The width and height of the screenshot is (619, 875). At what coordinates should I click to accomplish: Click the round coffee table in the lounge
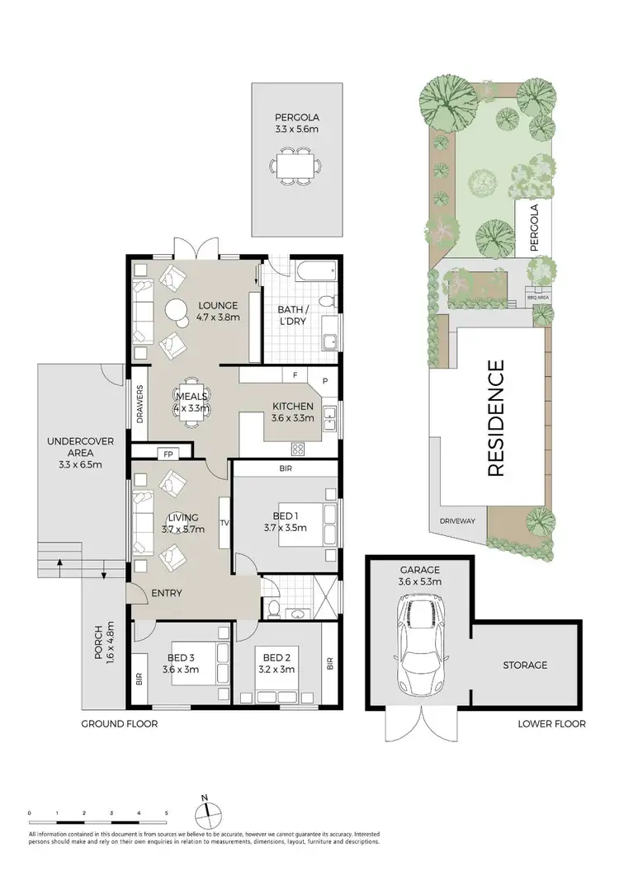click(177, 312)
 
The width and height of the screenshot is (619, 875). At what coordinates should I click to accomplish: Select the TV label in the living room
click(223, 523)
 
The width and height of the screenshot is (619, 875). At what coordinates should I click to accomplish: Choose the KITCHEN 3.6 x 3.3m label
click(292, 412)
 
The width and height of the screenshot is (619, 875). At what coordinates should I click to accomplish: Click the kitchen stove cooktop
click(297, 449)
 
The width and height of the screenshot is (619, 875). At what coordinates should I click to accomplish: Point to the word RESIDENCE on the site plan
click(496, 418)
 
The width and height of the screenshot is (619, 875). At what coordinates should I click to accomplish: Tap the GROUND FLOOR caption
click(119, 724)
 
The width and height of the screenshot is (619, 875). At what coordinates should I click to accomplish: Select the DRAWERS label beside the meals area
click(139, 404)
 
